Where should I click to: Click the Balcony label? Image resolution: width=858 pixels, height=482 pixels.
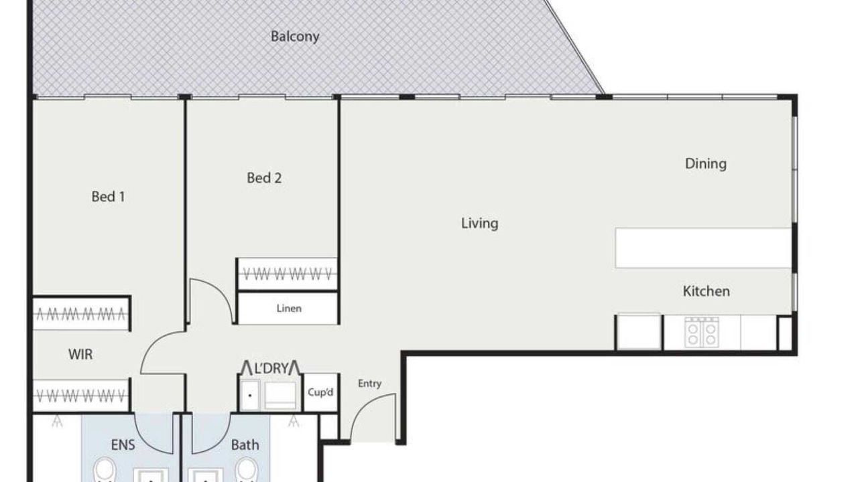[x=295, y=37]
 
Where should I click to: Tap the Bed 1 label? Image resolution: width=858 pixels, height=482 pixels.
[x=108, y=197]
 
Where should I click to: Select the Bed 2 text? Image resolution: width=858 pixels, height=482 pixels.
[x=264, y=178]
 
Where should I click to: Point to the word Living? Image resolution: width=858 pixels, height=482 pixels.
[x=479, y=224]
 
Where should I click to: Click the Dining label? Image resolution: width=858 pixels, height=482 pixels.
[x=706, y=164]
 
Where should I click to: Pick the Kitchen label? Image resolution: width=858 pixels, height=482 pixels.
[x=707, y=291]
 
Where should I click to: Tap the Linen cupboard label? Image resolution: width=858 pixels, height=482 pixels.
[x=289, y=309]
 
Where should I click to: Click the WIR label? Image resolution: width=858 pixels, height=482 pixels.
[x=80, y=355]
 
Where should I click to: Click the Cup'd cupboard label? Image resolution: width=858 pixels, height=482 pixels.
[x=320, y=392]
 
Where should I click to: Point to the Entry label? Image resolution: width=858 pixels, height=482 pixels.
[x=369, y=384]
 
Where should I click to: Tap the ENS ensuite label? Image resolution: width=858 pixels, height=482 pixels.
[x=123, y=445]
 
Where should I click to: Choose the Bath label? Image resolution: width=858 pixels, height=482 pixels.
[x=245, y=445]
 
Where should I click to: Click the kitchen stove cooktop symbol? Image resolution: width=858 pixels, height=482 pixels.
[x=702, y=332]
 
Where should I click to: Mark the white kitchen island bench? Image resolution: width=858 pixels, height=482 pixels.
[x=704, y=248]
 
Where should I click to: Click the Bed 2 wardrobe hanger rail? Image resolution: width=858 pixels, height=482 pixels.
[x=288, y=274]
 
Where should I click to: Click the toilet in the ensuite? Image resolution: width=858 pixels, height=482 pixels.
[x=104, y=470]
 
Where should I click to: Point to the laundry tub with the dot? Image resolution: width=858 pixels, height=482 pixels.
[x=250, y=395]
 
